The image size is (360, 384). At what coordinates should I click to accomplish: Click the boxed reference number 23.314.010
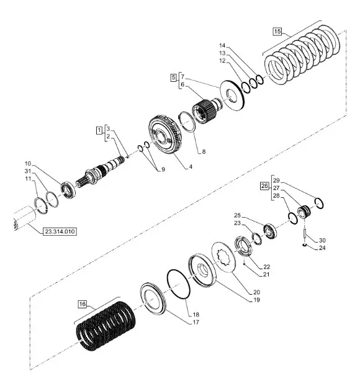point(60,231)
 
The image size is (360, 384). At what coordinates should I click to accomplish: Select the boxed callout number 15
point(277,32)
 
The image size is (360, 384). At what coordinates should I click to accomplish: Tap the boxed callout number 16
point(83,304)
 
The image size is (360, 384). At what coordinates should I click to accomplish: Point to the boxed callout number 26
point(264,186)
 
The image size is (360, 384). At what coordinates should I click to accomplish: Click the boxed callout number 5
point(174,78)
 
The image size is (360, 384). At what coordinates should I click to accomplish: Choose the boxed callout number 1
point(99,130)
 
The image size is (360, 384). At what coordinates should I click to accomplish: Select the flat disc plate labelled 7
point(232,96)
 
